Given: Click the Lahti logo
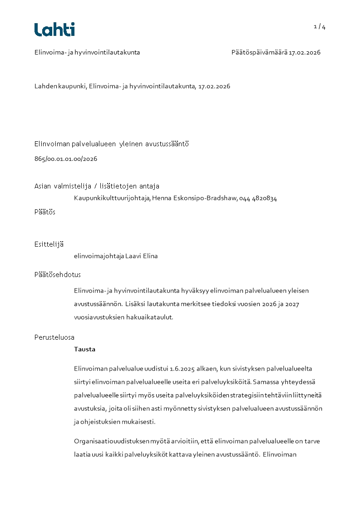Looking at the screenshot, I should pos(54,30).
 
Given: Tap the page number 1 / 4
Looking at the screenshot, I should pos(320,27).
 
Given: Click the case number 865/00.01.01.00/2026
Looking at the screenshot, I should pos(66,159).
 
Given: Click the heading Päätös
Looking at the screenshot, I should pos(45,212).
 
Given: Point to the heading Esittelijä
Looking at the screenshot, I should pos(49,244).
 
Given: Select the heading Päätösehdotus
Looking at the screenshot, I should pos(58,275).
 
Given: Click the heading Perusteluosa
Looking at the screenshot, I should pos(54,337).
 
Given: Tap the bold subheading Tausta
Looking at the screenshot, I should pos(84,349).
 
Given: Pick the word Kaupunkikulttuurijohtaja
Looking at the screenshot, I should pos(112,198).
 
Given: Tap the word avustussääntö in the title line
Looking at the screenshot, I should pos(167,144).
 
